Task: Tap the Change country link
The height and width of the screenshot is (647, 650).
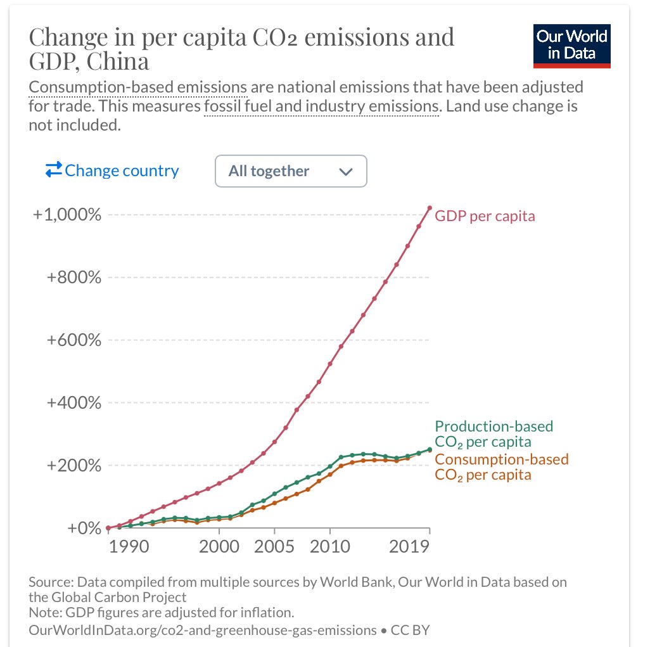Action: (112, 170)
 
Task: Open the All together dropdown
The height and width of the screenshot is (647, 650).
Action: (291, 171)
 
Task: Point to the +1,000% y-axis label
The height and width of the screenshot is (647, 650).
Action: (67, 215)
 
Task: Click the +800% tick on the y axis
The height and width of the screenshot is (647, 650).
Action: (73, 278)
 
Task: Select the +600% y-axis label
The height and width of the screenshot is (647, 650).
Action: (73, 340)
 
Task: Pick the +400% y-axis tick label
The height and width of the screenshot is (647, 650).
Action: (73, 403)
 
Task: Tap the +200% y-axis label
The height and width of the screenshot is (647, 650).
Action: (73, 466)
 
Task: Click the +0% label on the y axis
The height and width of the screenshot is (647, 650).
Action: (84, 528)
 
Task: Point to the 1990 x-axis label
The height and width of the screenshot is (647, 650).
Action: (129, 546)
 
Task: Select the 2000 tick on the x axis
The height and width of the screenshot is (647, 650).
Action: (219, 546)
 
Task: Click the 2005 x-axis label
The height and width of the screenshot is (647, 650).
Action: (274, 546)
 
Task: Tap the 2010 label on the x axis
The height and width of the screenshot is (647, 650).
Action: (329, 546)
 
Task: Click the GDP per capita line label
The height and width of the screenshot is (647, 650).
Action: (485, 216)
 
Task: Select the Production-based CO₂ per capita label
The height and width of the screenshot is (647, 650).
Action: (494, 433)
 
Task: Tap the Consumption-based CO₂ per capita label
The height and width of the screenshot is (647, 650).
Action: (501, 466)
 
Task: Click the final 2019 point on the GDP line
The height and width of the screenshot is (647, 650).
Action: (430, 208)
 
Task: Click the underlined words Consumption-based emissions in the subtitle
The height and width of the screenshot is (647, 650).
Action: (138, 87)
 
